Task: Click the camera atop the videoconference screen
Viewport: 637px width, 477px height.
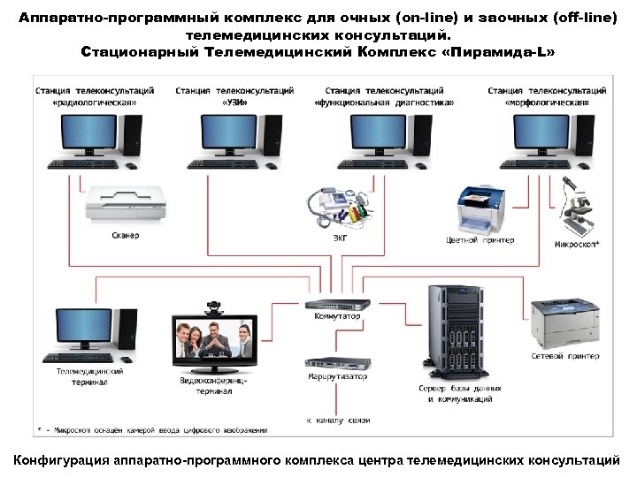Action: (x=214, y=307)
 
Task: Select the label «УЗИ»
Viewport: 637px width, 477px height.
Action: (x=234, y=102)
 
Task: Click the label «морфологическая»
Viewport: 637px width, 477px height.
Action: (x=547, y=102)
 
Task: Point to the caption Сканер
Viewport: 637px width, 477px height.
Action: (x=125, y=236)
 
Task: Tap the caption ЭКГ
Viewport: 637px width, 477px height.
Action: (x=340, y=238)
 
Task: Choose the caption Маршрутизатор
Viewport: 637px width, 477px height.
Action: (x=338, y=377)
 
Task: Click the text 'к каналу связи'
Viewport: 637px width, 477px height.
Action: (x=338, y=420)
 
